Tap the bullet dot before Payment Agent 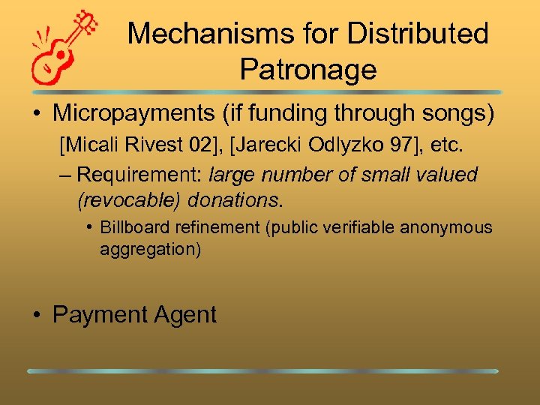[37, 315]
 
